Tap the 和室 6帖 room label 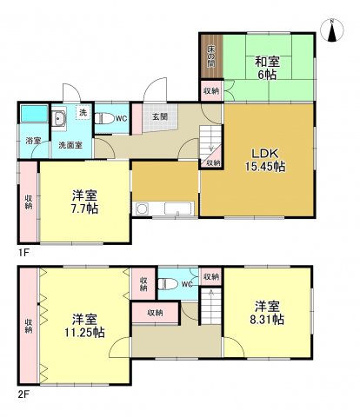pyautogui.click(x=267, y=68)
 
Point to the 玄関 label pyautogui.click(x=161, y=117)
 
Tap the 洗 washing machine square pyautogui.click(x=83, y=114)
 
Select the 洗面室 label pyautogui.click(x=70, y=146)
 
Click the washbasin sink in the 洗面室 pyautogui.click(x=61, y=120)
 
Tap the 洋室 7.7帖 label pyautogui.click(x=84, y=202)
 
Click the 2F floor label pyautogui.click(x=25, y=393)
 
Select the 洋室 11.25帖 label pyautogui.click(x=84, y=325)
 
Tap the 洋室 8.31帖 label pyautogui.click(x=267, y=313)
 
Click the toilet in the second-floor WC pyautogui.click(x=171, y=283)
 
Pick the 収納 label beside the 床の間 pyautogui.click(x=211, y=90)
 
